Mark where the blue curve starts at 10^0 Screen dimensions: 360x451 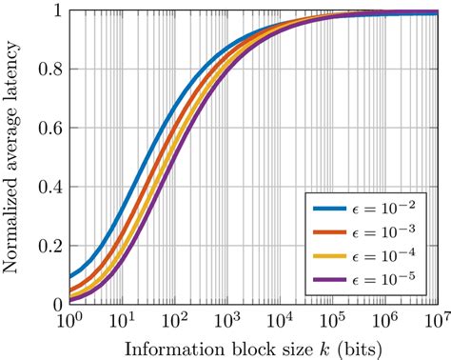click(71, 277)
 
